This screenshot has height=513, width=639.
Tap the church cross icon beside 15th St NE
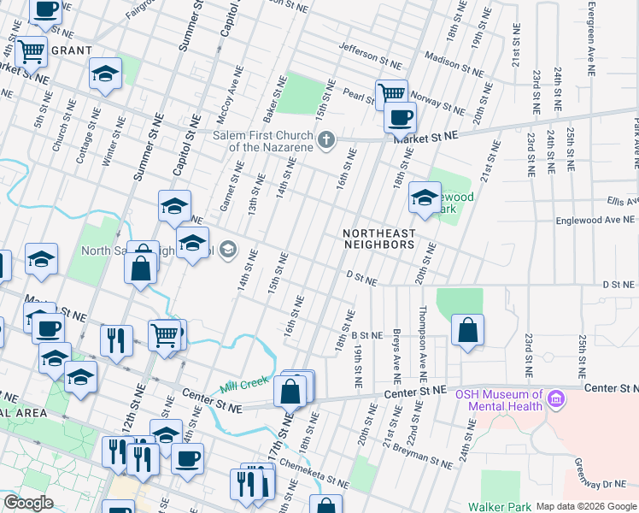[325, 140]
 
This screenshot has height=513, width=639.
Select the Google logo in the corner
[28, 503]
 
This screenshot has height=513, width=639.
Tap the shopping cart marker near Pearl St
[391, 93]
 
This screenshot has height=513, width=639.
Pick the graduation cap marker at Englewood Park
[424, 198]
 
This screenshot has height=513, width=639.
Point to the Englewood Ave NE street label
[590, 220]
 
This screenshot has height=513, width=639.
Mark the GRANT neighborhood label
[72, 50]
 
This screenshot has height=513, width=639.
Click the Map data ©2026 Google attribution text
[585, 505]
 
